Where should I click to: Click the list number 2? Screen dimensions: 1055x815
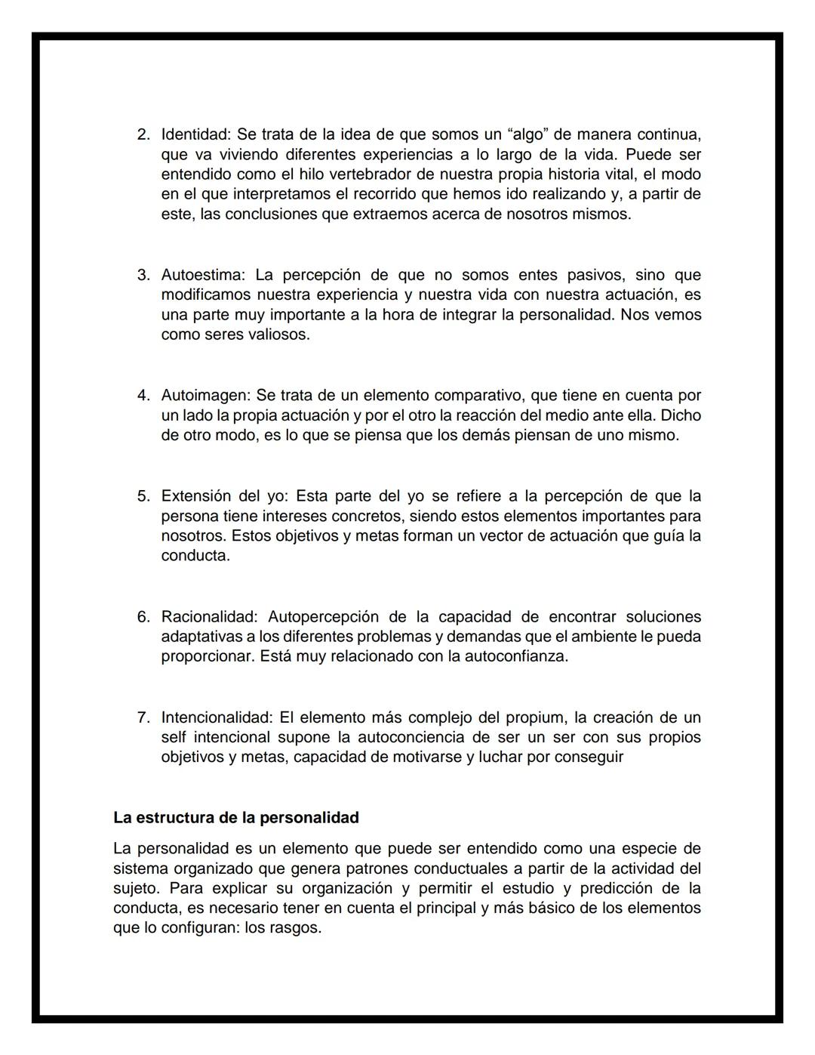143,135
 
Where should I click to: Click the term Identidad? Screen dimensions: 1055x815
196,135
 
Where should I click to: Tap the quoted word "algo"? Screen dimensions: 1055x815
528,135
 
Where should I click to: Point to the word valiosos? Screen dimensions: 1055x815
278,335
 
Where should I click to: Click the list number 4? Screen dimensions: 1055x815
143,396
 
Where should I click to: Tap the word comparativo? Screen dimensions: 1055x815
479,396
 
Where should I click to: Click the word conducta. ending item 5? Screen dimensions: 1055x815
195,556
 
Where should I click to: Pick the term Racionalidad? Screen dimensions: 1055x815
209,617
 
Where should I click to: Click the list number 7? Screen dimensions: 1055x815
143,717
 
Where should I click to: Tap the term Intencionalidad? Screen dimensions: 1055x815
217,717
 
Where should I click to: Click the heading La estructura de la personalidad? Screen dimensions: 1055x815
235,818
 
